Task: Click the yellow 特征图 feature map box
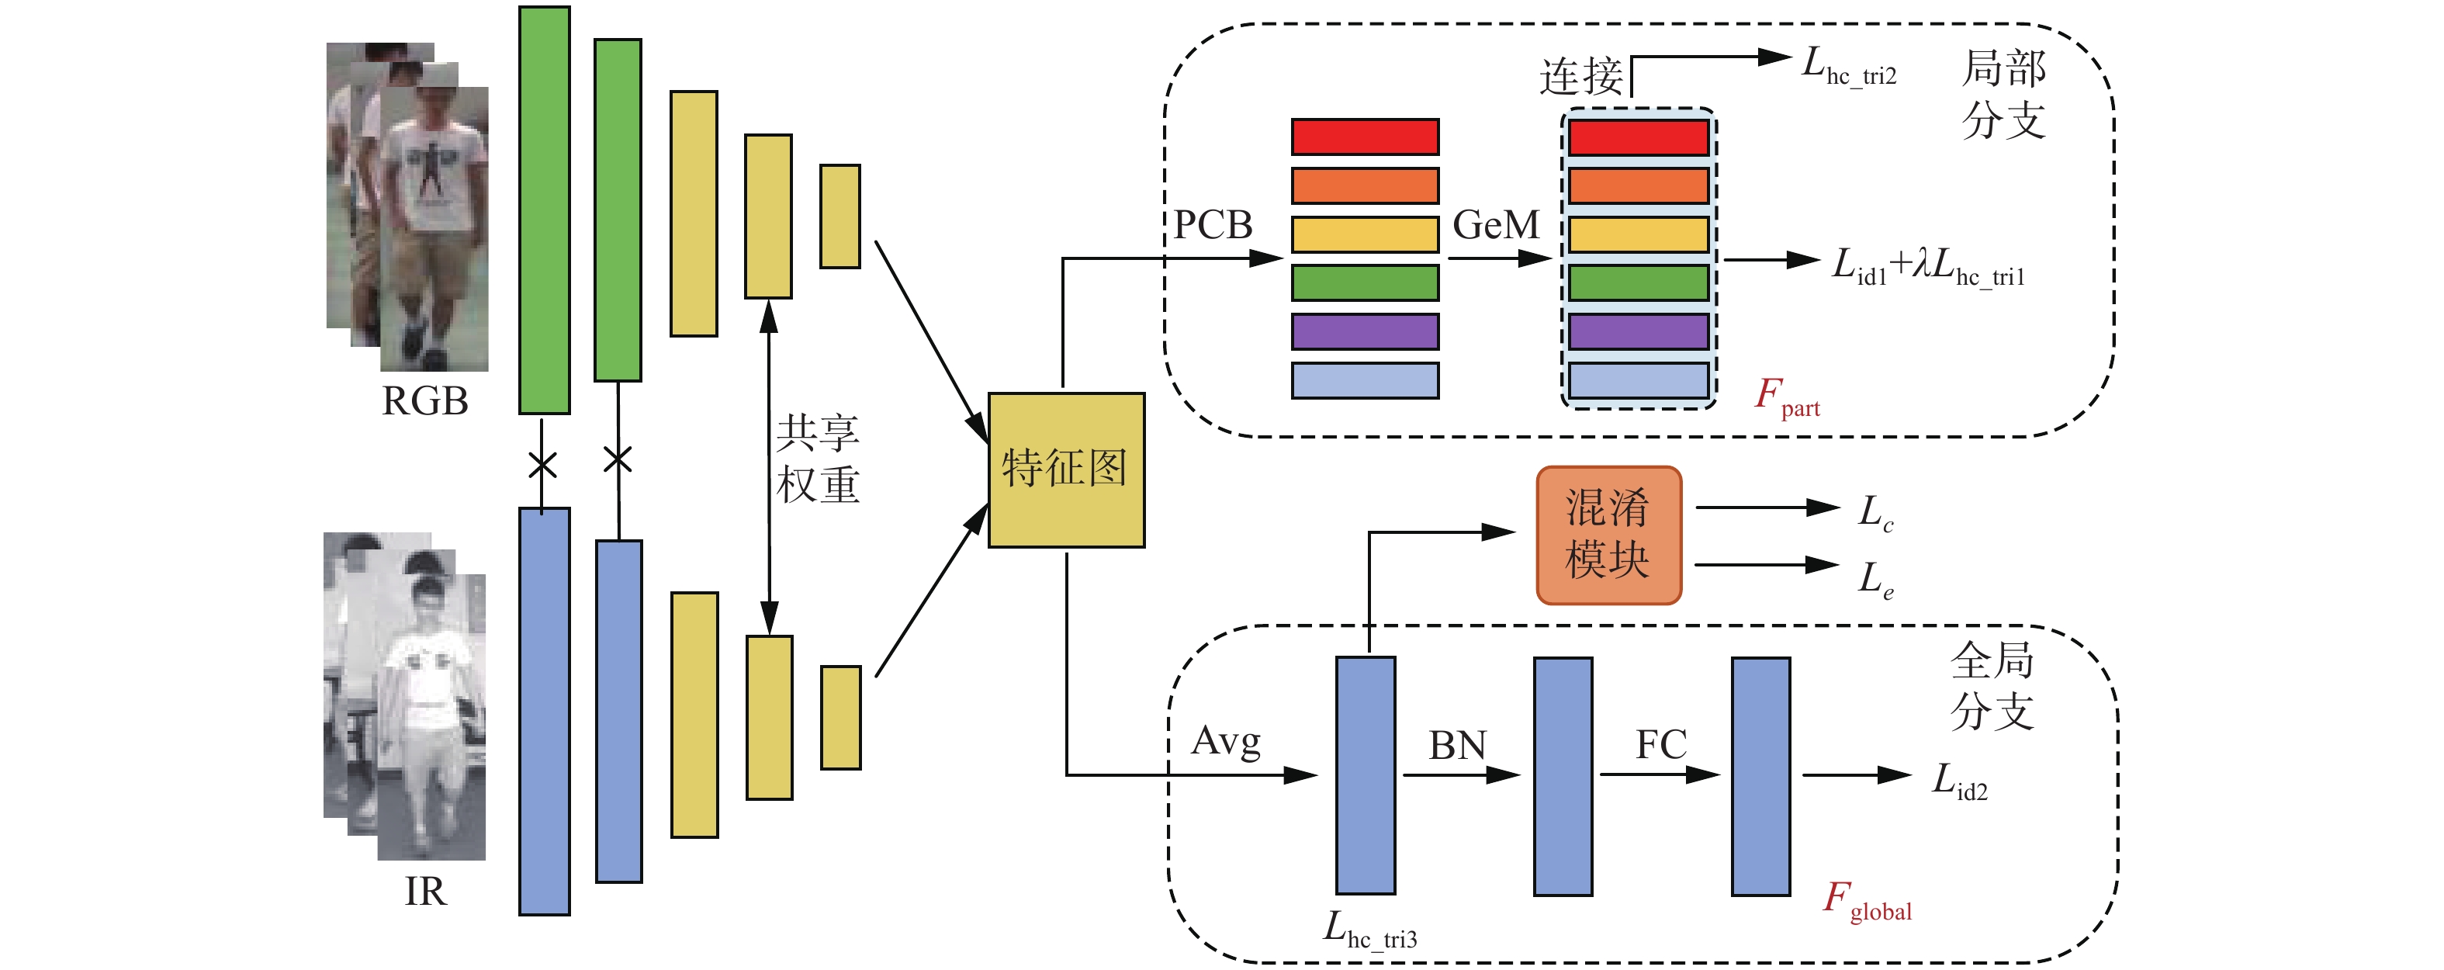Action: [1065, 469]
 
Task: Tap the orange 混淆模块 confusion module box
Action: [1608, 535]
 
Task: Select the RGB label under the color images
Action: [424, 401]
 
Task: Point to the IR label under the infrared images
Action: [424, 891]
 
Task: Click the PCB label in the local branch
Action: [1213, 225]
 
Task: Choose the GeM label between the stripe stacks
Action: [1496, 225]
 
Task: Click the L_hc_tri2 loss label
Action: [1848, 68]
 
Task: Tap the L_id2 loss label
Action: [1960, 782]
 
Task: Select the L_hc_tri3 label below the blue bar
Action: [1370, 930]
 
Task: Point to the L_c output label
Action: [1875, 514]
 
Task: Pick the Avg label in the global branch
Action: [1226, 741]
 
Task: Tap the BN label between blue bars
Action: [1457, 745]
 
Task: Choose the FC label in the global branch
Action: [1660, 744]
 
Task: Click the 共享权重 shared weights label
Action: [817, 459]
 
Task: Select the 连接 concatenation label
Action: [1580, 76]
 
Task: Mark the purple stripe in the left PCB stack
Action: [1364, 331]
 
